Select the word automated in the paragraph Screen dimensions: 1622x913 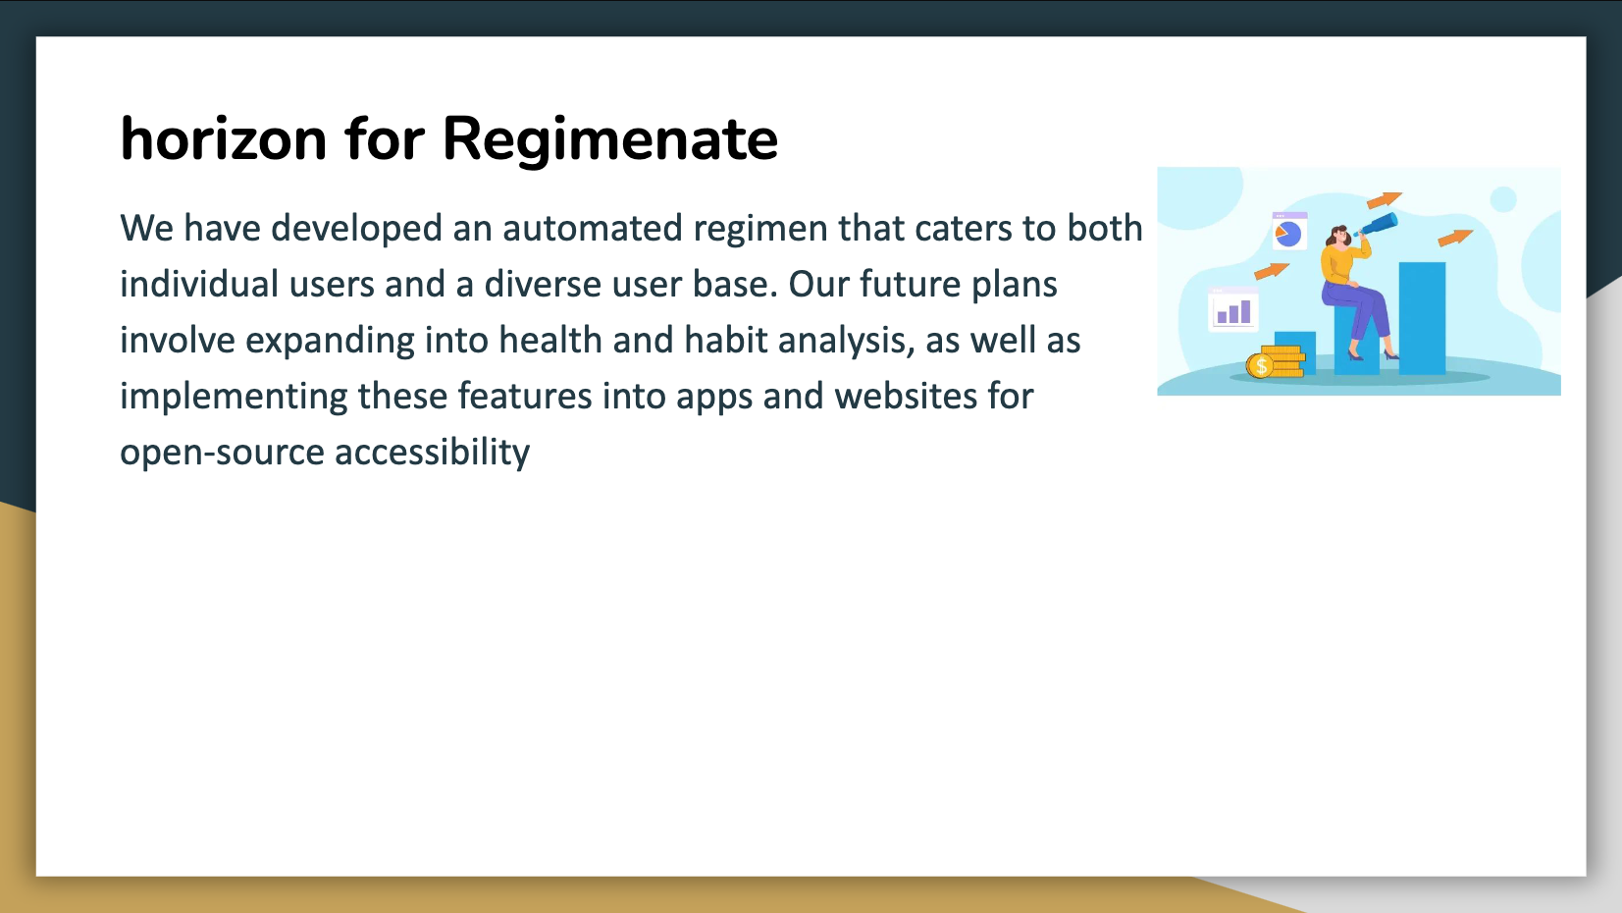click(x=593, y=228)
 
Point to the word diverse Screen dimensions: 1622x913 click(x=543, y=284)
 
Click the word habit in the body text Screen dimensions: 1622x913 click(x=725, y=340)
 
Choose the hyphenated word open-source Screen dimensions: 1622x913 click(x=222, y=454)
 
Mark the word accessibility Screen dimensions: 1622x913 click(x=433, y=454)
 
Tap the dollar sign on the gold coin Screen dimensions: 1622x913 click(x=1261, y=366)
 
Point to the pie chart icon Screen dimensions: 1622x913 click(x=1289, y=234)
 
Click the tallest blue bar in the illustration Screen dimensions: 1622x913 click(x=1422, y=318)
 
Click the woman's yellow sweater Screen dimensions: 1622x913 click(x=1338, y=264)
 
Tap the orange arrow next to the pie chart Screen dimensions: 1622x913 click(x=1272, y=271)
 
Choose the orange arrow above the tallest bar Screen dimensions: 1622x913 click(x=1455, y=238)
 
